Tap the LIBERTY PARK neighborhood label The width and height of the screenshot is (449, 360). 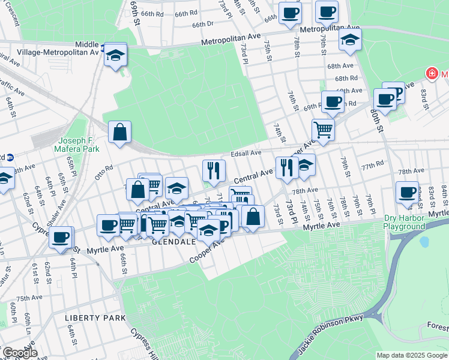tap(95, 317)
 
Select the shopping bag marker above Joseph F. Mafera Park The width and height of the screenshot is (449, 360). tap(119, 131)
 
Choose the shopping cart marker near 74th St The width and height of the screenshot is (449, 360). tap(323, 128)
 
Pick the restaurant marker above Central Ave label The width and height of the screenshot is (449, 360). tap(214, 170)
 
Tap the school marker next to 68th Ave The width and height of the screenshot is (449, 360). tap(350, 40)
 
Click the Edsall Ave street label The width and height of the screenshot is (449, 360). tap(247, 154)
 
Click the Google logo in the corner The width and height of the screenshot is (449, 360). tap(19, 353)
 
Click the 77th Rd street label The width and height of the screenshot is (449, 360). tap(372, 164)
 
